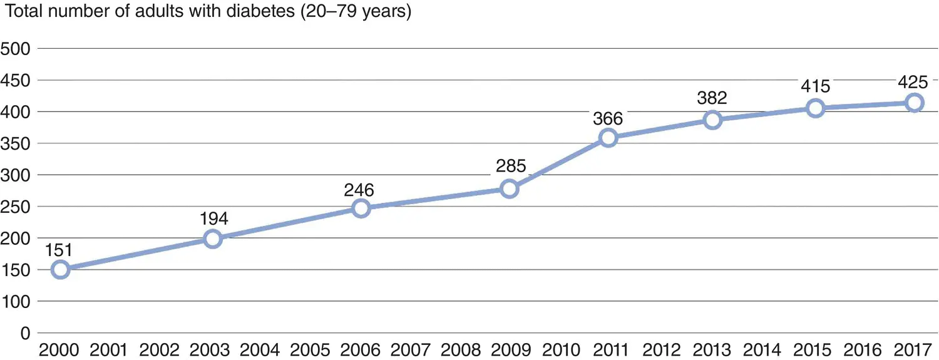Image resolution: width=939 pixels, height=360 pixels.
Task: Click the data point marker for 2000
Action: [61, 270]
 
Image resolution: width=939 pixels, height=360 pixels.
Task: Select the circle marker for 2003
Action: [213, 239]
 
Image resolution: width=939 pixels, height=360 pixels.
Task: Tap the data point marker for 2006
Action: [361, 208]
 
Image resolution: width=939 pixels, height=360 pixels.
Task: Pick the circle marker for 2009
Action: [510, 188]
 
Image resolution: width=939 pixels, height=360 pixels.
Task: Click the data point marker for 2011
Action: [608, 138]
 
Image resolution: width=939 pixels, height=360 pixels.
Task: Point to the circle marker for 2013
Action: [712, 120]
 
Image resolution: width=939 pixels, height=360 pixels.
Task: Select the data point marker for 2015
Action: [815, 108]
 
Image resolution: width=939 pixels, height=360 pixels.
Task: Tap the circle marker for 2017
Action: [915, 103]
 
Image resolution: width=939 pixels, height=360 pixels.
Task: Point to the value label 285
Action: [510, 168]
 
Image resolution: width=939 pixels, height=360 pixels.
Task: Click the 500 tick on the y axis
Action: [17, 48]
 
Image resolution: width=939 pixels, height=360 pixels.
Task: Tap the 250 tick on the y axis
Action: [17, 207]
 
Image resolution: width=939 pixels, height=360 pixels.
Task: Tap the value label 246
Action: [361, 188]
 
